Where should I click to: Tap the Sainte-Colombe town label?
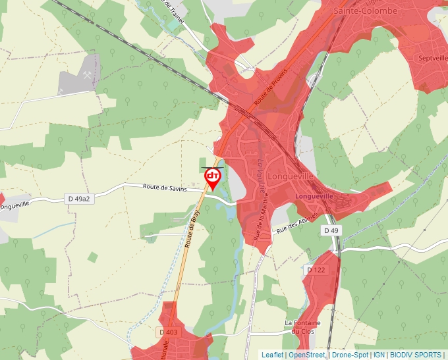coord(365,11)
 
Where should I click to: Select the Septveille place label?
coord(432,58)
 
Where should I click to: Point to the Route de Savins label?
coord(165,188)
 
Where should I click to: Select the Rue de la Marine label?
coord(256,224)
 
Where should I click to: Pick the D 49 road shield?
coord(331,230)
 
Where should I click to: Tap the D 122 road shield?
coord(316,270)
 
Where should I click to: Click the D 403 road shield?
coord(169,332)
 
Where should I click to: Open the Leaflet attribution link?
coord(271,355)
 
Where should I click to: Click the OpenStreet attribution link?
coord(307,355)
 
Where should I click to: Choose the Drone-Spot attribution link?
coord(350,355)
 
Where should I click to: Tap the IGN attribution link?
coord(379,355)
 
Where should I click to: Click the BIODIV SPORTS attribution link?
coord(416,355)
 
